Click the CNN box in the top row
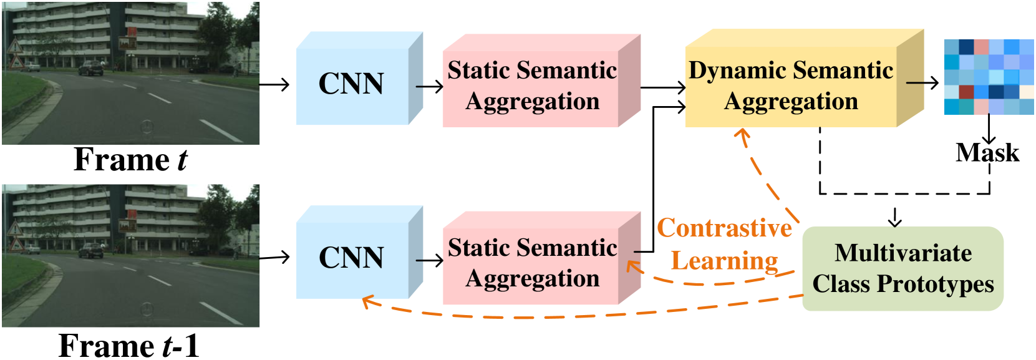351,84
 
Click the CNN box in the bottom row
351,258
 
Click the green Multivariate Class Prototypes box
903,269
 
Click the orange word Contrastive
724,228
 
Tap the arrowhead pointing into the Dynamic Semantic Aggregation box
742,134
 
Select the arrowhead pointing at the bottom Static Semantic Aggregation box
632,266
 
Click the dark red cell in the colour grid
966,92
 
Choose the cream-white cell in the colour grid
1027,92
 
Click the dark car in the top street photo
91,69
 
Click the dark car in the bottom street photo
91,251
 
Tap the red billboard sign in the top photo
127,43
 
